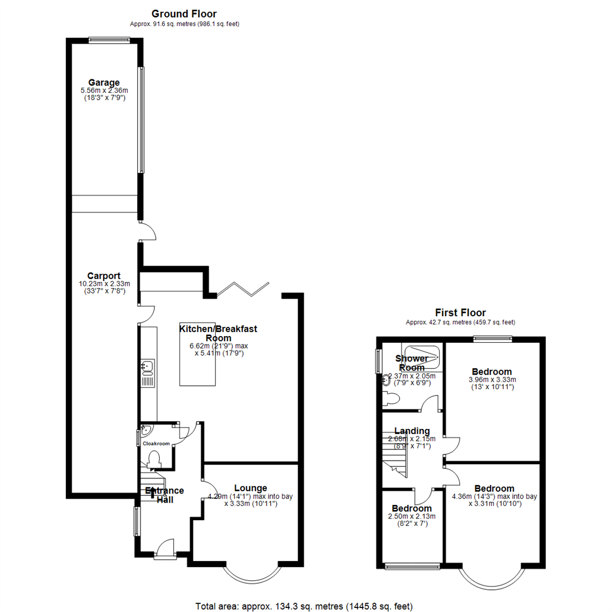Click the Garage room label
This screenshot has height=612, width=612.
coord(104,82)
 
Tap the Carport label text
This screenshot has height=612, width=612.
coord(104,276)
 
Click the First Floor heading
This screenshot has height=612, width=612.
coord(460,312)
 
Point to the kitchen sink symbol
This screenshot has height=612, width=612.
coord(147,367)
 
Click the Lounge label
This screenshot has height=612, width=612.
coord(250,488)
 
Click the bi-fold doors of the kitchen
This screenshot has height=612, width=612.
coord(243,289)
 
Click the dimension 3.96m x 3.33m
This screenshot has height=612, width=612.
coord(493,380)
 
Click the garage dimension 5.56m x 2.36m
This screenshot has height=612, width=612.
coord(104,91)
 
